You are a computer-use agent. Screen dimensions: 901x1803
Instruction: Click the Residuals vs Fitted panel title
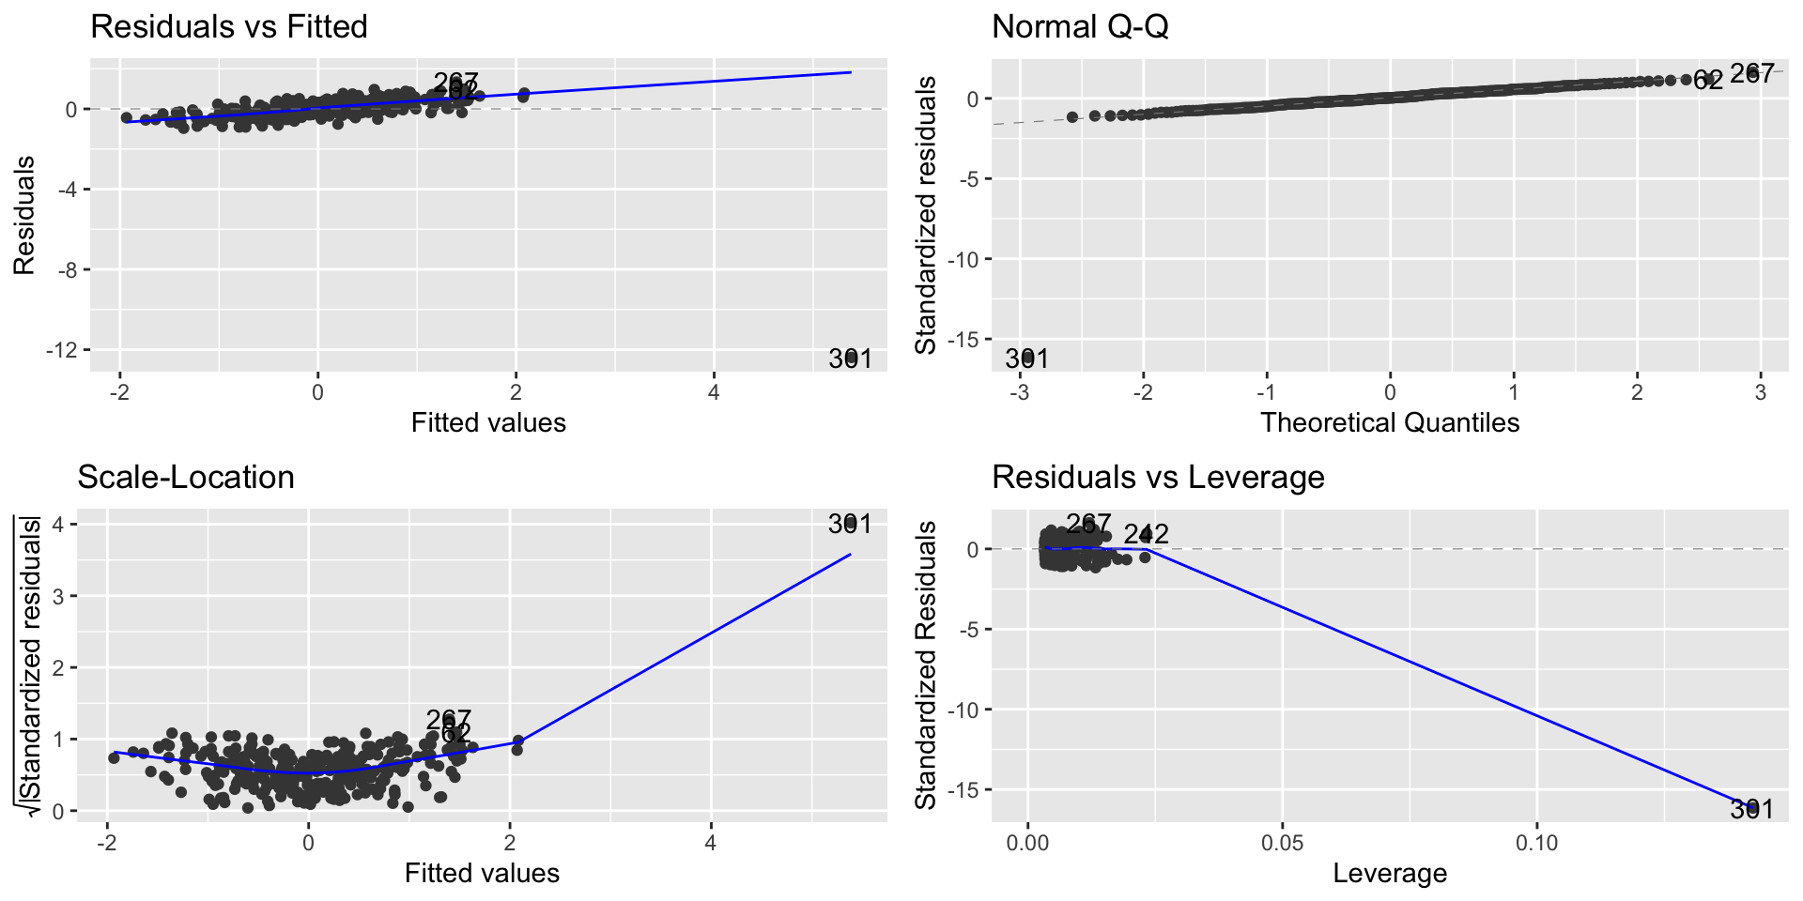pyautogui.click(x=228, y=26)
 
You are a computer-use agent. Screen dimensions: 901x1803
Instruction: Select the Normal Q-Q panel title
pyautogui.click(x=1080, y=26)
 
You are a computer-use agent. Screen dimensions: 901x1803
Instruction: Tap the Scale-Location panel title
pyautogui.click(x=186, y=477)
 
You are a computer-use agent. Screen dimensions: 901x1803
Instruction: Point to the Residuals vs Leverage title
pyautogui.click(x=1158, y=477)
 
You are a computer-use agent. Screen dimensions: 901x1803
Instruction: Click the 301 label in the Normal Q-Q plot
pyautogui.click(x=1026, y=359)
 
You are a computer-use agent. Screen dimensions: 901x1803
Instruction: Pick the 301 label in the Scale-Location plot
pyautogui.click(x=850, y=524)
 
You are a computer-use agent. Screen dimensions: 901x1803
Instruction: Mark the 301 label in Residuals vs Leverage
pyautogui.click(x=1751, y=809)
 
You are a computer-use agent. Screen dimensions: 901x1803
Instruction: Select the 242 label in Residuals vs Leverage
pyautogui.click(x=1146, y=534)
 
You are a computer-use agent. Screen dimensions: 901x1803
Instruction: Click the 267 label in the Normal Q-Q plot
pyautogui.click(x=1751, y=73)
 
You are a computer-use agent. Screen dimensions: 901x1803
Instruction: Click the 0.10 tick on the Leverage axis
pyautogui.click(x=1536, y=843)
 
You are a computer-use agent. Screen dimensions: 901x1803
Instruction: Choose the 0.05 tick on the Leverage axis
pyautogui.click(x=1282, y=843)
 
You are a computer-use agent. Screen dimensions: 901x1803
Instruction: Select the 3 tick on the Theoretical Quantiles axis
pyautogui.click(x=1760, y=392)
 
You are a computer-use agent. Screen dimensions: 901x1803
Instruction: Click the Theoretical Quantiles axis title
pyautogui.click(x=1390, y=422)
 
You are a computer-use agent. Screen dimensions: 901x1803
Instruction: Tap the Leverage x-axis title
pyautogui.click(x=1390, y=873)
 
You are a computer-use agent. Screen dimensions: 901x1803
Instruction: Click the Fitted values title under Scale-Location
pyautogui.click(x=482, y=873)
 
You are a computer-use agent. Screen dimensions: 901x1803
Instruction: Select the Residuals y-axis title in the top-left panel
pyautogui.click(x=24, y=216)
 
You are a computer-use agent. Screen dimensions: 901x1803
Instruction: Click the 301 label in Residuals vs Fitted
pyautogui.click(x=850, y=359)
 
